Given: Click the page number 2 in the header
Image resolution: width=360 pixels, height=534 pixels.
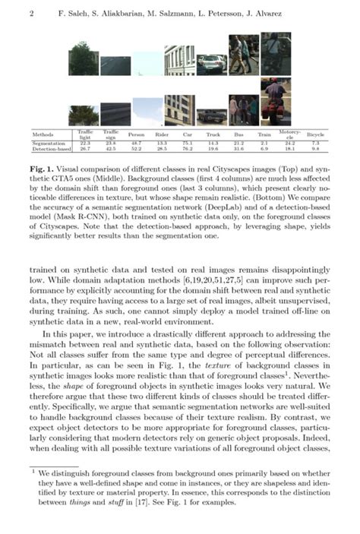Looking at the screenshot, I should coord(30,14).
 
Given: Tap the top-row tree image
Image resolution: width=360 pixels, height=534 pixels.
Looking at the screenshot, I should coord(84,58).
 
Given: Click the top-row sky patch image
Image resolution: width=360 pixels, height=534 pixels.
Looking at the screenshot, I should coord(146,64).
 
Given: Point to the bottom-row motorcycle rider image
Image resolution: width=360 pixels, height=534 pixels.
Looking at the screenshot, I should coord(275,103).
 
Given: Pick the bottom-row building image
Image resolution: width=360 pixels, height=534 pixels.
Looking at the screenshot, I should coord(178,109).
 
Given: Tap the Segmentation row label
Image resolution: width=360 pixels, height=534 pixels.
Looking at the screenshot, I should coord(48,142).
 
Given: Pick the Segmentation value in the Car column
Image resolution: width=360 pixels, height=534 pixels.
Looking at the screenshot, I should coord(187,142).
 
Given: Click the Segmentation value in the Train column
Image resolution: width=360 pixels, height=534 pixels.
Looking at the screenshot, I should coord(264,142).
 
